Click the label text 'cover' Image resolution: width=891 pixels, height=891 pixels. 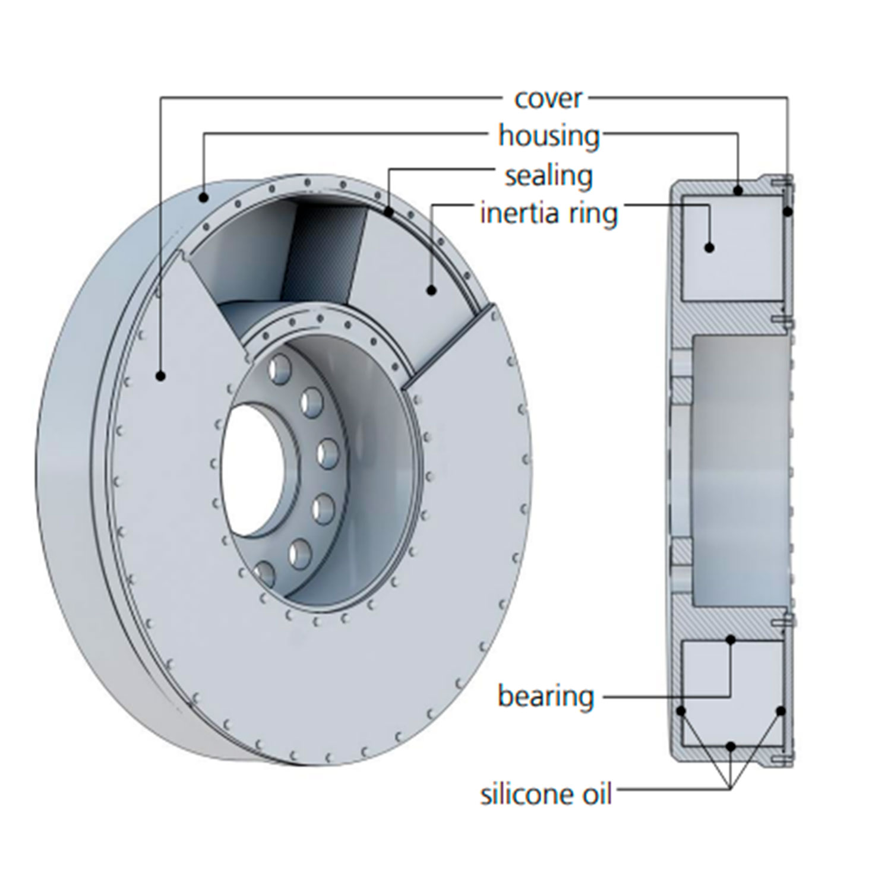point(549,99)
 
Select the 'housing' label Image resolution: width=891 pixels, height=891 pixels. point(549,136)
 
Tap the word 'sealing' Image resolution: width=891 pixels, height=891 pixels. point(549,176)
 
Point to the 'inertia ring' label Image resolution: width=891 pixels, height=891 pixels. point(549,213)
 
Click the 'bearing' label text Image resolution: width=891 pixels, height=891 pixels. point(546,696)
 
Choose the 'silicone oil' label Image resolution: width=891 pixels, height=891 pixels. point(546,794)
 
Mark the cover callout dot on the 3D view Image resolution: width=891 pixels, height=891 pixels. point(160,375)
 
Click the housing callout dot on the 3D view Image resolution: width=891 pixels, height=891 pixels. point(204,197)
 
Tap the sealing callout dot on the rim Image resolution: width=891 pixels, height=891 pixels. point(388,210)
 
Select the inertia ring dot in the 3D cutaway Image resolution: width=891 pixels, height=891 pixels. point(432,290)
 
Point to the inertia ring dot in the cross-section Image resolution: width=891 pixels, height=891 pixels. point(709,248)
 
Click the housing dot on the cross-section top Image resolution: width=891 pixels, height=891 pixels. point(738,191)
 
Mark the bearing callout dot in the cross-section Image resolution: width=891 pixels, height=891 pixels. point(731,640)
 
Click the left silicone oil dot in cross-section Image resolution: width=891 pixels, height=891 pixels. point(681,710)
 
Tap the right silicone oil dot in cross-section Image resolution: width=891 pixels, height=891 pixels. point(781,710)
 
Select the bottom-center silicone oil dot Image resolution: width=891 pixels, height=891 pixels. point(731,746)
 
